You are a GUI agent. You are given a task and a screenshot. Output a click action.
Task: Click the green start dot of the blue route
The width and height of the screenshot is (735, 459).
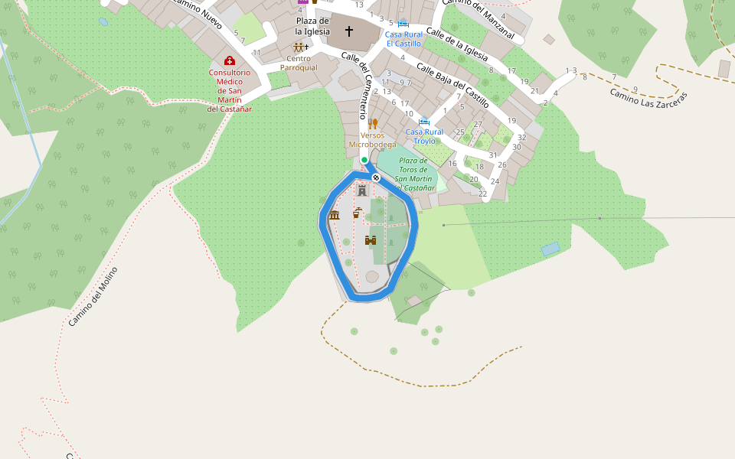tap(364, 160)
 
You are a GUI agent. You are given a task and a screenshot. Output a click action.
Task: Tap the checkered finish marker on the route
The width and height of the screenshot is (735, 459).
tap(376, 177)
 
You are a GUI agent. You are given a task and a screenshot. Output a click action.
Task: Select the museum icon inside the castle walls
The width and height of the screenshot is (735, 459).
tap(334, 216)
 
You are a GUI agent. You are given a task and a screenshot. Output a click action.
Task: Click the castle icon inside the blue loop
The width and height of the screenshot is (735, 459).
tap(371, 240)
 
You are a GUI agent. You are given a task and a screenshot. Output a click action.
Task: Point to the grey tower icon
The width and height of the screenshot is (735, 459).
tap(362, 190)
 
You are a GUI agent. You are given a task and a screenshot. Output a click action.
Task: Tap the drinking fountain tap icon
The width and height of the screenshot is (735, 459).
tap(357, 213)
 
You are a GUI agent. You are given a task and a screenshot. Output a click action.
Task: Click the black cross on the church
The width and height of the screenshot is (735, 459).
tap(349, 31)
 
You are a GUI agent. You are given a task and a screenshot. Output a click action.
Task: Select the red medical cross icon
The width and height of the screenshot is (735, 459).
tap(229, 60)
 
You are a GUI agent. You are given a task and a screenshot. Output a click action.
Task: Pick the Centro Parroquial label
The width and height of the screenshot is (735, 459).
tap(299, 63)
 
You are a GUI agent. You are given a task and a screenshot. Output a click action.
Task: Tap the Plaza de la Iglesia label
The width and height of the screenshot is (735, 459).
tap(312, 26)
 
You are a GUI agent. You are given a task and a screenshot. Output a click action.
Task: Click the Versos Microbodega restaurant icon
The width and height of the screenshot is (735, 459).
tap(373, 123)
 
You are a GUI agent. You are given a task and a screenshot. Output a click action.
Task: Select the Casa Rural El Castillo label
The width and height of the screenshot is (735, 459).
tap(403, 39)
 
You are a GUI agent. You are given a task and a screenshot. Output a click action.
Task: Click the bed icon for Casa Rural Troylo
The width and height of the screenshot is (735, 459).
tap(424, 121)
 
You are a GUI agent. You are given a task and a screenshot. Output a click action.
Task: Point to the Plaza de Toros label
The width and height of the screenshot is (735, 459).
tap(414, 174)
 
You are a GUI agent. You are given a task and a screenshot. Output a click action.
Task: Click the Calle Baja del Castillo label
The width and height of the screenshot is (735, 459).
tap(452, 86)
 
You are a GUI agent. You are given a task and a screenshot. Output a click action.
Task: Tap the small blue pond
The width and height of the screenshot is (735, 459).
tap(550, 249)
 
